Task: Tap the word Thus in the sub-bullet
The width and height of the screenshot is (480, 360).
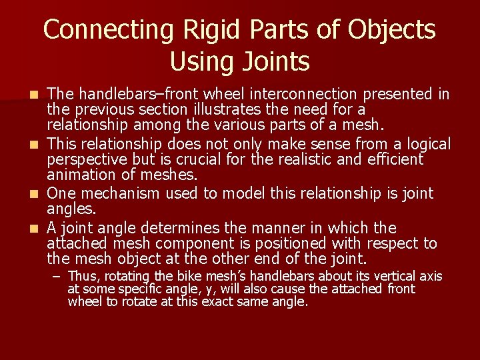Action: coord(81,276)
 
